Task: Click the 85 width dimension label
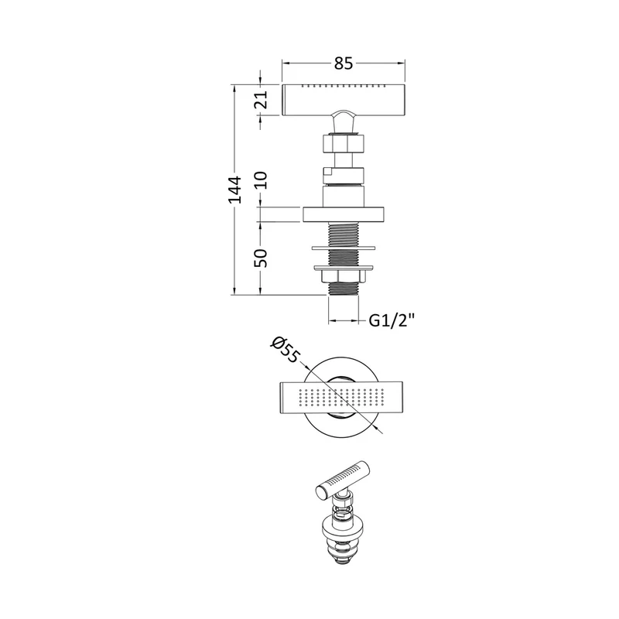343,63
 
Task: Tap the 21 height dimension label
261,100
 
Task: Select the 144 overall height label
235,190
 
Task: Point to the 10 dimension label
261,180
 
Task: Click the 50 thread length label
261,258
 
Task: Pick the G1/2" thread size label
392,320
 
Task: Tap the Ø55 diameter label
285,350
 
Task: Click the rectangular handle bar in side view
344,100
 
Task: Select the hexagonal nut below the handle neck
344,144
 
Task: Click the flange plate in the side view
344,214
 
